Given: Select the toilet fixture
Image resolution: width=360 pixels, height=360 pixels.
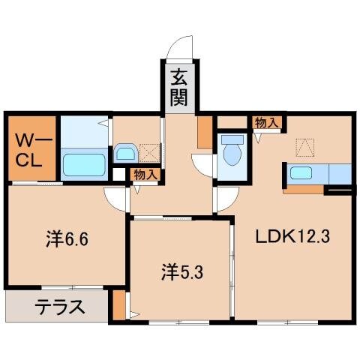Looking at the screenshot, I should pos(232,153).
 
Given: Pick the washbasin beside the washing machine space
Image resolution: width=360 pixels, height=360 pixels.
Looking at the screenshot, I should pos(124,154).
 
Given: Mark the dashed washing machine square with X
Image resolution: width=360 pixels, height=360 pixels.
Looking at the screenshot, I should pos(148,152).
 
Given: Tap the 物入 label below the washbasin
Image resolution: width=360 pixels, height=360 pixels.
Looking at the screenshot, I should pos(145,174).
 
